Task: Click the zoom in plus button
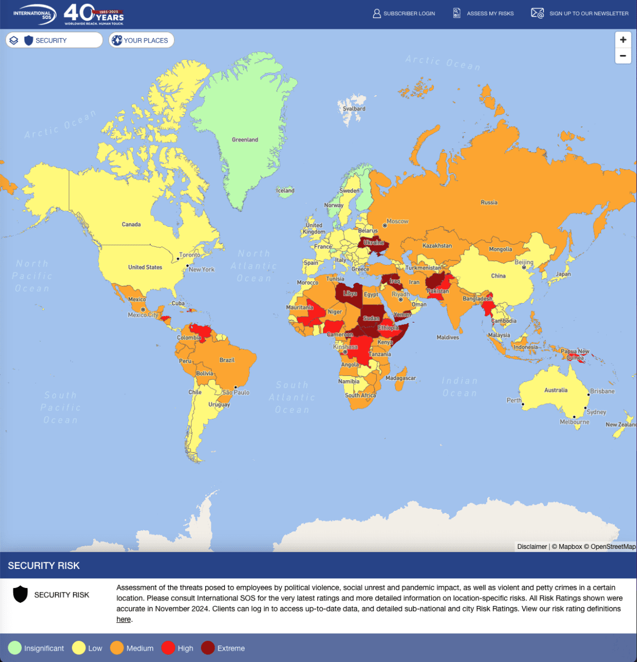[623, 40]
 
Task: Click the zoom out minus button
[623, 55]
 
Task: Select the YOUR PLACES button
[142, 40]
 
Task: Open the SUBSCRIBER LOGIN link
[403, 14]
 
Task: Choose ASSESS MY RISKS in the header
[483, 14]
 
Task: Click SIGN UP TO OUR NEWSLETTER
[580, 14]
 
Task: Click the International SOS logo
[34, 14]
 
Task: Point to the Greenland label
[245, 140]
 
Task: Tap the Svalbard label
[354, 109]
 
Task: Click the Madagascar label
[401, 378]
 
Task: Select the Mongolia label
[500, 249]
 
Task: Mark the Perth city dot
[523, 404]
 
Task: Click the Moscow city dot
[385, 225]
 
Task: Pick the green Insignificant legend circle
[15, 648]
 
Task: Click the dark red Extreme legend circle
[208, 648]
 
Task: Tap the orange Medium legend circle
[117, 648]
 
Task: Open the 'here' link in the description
[124, 619]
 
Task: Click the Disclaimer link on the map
[532, 547]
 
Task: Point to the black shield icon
[20, 595]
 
